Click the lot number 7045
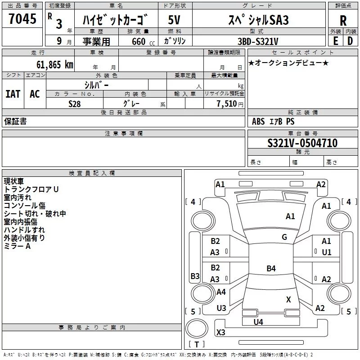22,18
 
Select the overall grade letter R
343,21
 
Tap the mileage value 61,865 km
55,65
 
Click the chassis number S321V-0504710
302,143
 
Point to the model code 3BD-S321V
258,41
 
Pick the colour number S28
75,104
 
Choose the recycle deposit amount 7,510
227,103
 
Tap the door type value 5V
174,20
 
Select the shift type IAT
13,94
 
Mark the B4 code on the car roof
271,268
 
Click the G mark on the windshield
284,237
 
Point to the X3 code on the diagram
220,332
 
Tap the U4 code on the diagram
258,322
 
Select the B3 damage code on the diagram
195,276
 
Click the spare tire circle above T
197,328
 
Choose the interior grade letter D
350,41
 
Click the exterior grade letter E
335,41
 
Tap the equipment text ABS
258,121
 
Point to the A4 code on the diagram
221,292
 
